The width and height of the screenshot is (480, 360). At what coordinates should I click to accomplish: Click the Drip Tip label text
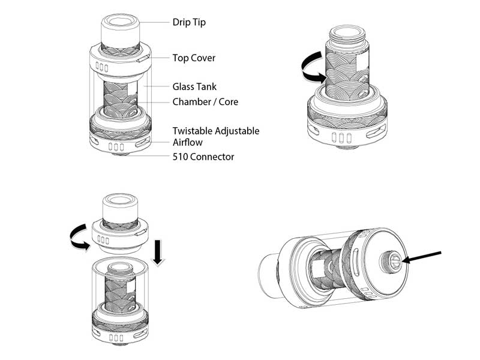(189, 22)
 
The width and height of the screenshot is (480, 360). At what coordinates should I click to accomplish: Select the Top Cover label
(194, 58)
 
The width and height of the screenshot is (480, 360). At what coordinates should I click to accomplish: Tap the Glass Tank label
(194, 87)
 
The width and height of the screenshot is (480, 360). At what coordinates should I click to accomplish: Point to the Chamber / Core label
(205, 102)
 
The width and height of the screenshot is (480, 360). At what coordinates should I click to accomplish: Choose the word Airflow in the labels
(188, 142)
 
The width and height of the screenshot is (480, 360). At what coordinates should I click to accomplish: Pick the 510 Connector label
(203, 157)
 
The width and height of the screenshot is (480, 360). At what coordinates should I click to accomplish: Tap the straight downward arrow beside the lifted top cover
(158, 252)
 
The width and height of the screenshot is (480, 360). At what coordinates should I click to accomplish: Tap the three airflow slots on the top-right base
(341, 137)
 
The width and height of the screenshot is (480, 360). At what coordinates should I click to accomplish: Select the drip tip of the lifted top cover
(120, 207)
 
